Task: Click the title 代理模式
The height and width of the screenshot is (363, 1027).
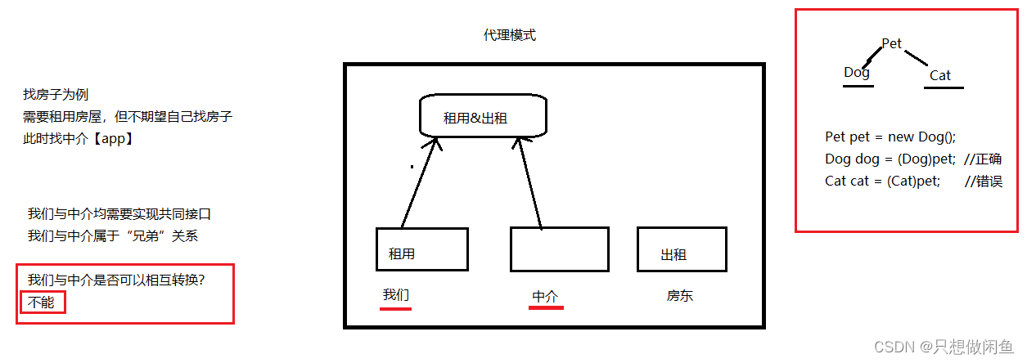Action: coord(510,36)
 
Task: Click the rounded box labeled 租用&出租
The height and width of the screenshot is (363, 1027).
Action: coord(482,116)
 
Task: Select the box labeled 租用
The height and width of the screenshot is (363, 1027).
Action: coord(421,249)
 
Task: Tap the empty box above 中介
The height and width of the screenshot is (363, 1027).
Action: coord(560,249)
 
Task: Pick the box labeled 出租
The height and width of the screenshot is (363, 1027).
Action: coord(682,249)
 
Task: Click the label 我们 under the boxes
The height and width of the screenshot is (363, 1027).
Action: coord(396,295)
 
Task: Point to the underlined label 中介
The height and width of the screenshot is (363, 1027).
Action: coord(545,297)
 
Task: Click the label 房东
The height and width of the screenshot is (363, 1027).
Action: coord(680,296)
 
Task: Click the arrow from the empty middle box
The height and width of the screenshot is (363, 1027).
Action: coord(529,181)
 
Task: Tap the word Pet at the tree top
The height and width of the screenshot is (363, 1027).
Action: coord(892,43)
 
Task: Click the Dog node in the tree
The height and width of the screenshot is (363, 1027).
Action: coord(857,72)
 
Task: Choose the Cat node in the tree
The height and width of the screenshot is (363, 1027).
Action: coord(940,75)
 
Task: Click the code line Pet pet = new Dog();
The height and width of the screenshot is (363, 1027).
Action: coord(890,137)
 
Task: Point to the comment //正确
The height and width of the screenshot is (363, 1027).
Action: coord(983,159)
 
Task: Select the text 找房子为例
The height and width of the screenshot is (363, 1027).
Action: coord(56,95)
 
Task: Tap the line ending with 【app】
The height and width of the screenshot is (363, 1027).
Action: coord(78,138)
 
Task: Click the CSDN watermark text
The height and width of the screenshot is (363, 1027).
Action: coord(946,347)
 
